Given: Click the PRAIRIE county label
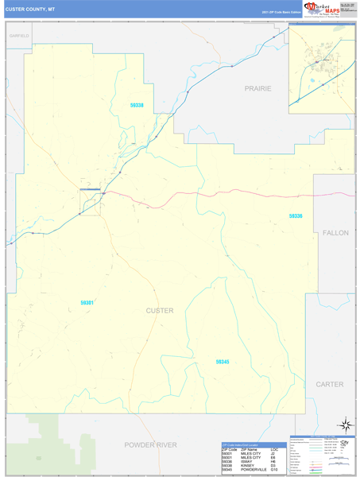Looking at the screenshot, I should pyautogui.click(x=257, y=88).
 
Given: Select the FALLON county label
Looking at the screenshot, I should pyautogui.click(x=335, y=232).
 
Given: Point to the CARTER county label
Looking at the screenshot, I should pyautogui.click(x=329, y=384).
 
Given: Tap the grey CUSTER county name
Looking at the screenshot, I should pyautogui.click(x=160, y=310).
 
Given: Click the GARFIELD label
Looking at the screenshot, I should pyautogui.click(x=19, y=37).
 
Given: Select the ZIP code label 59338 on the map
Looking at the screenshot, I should pyautogui.click(x=137, y=106).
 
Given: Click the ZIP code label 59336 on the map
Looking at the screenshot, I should pyautogui.click(x=296, y=216).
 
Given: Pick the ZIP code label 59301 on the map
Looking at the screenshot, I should pyautogui.click(x=87, y=302).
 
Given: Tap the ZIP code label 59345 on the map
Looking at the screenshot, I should pyautogui.click(x=223, y=362).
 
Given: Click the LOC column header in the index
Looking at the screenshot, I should pyautogui.click(x=275, y=450).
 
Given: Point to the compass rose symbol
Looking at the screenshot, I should pyautogui.click(x=344, y=425).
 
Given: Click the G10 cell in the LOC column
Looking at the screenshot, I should pyautogui.click(x=274, y=470).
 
